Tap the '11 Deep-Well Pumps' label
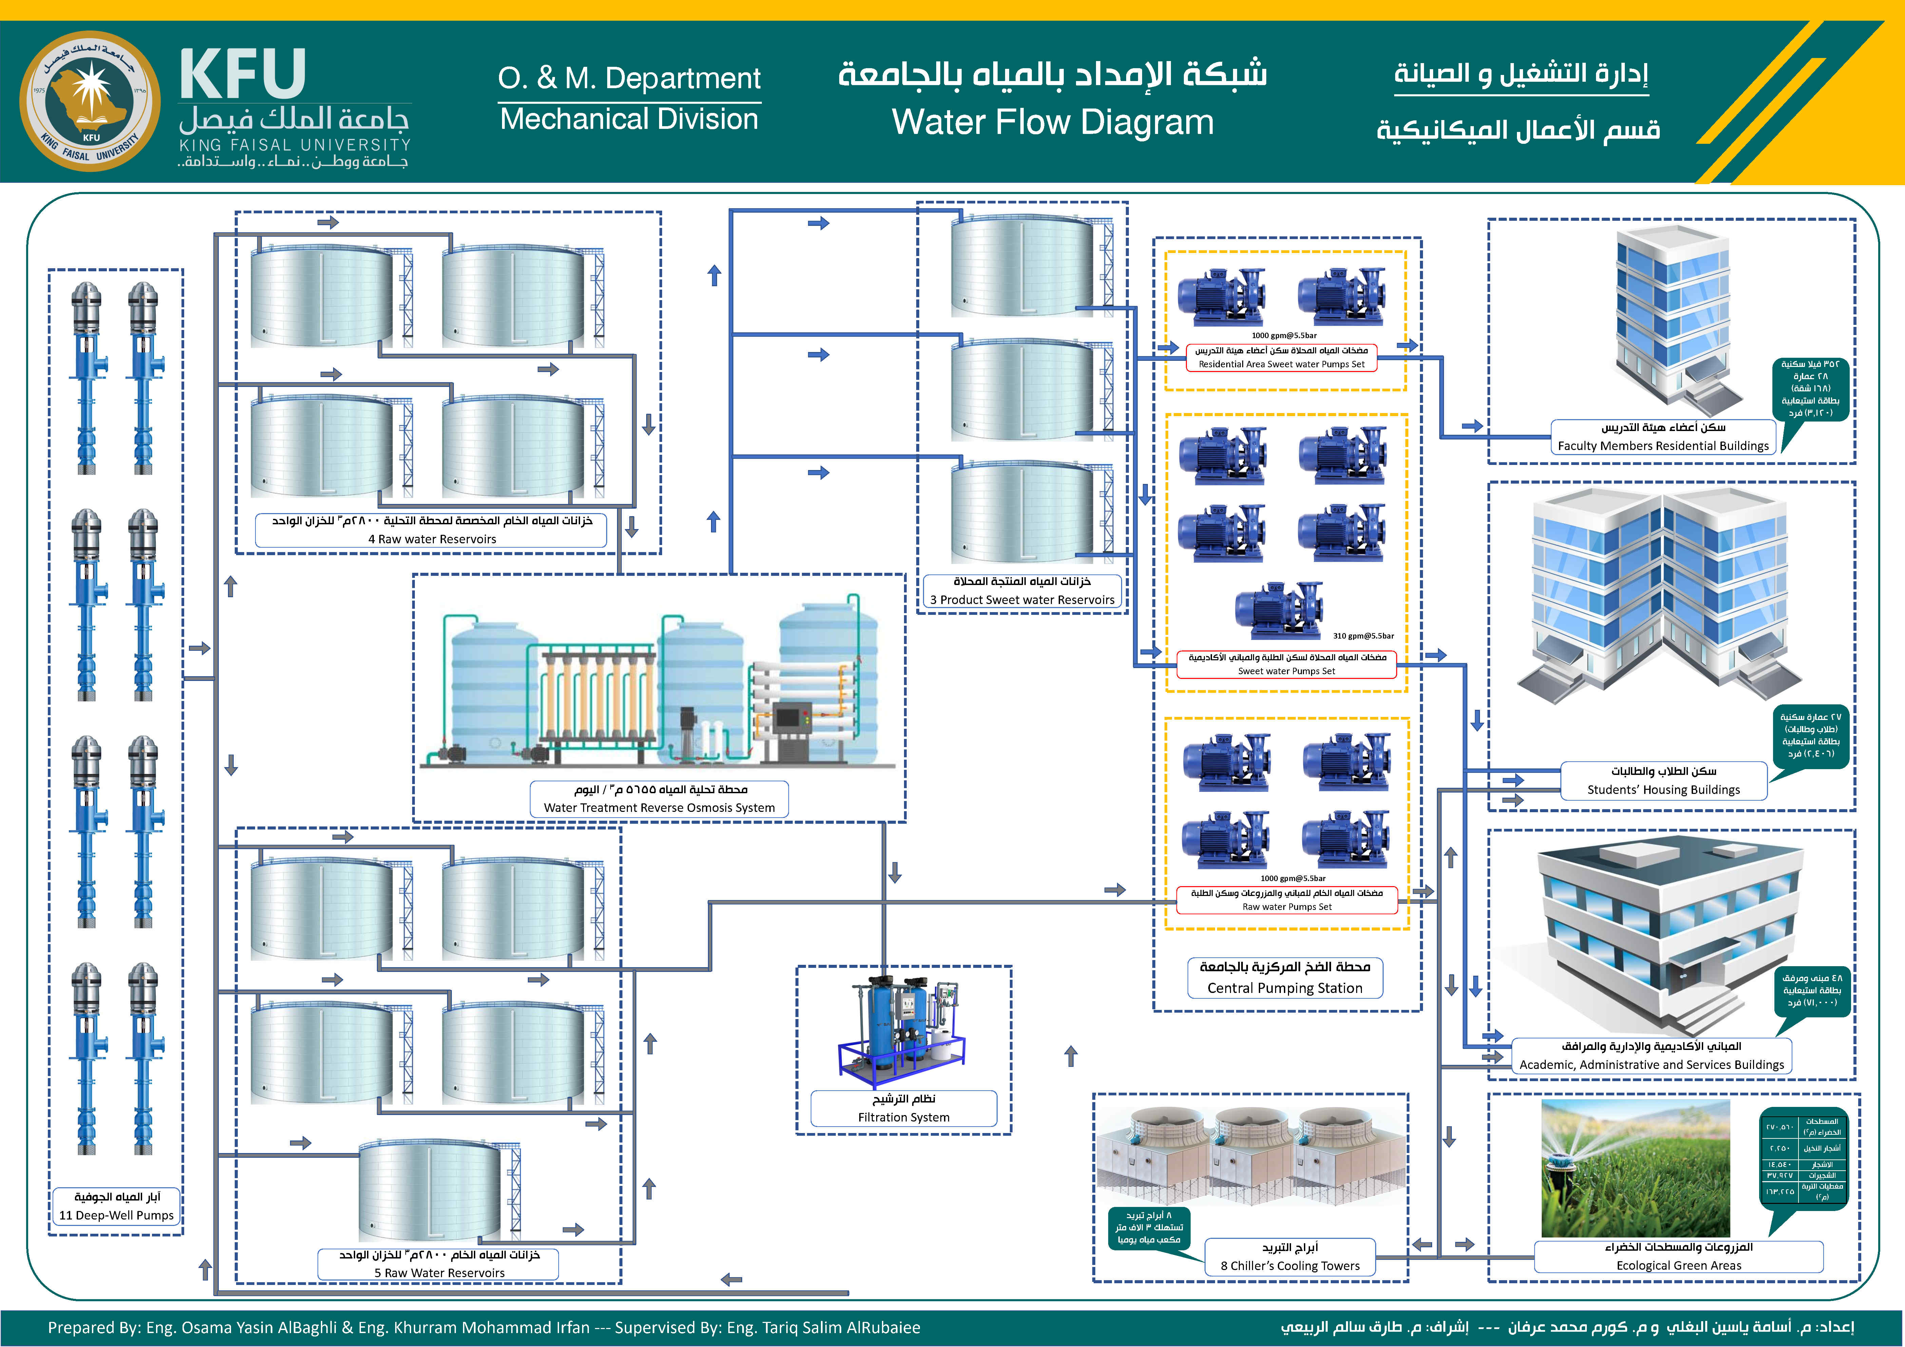click(116, 1215)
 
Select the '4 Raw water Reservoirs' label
click(431, 539)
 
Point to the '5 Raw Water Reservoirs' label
click(439, 1272)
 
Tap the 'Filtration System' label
click(904, 1117)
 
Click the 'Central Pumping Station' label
click(1284, 988)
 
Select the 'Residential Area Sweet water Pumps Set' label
click(1281, 364)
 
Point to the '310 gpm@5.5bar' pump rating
click(1363, 636)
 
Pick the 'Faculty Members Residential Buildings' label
click(1663, 445)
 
